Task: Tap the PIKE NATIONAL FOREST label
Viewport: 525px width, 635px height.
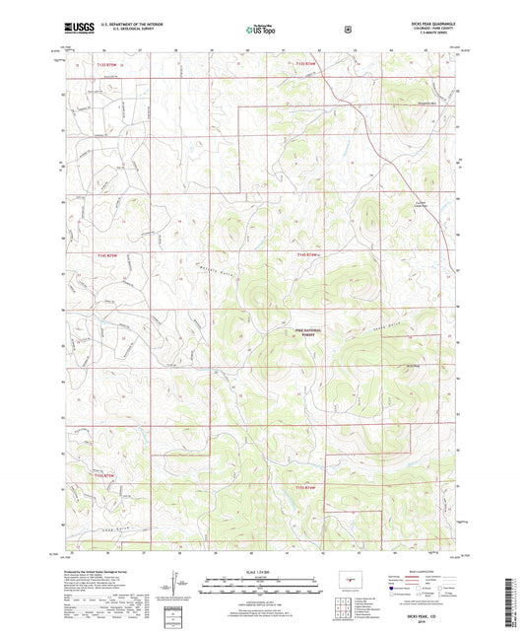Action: click(310, 333)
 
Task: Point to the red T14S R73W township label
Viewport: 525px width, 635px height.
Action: click(110, 255)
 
